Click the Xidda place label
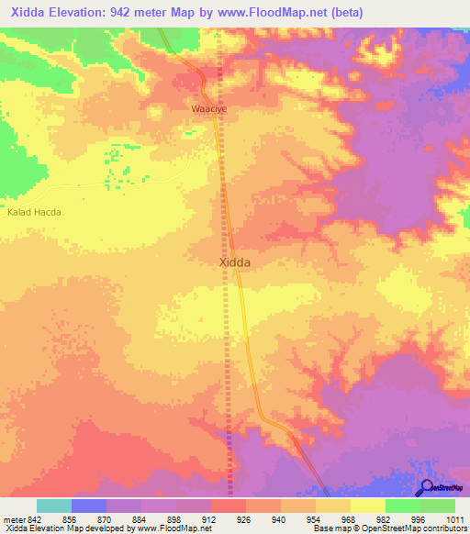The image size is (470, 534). [x=235, y=261]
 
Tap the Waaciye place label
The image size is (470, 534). [x=207, y=108]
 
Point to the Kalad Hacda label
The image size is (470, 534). [x=34, y=212]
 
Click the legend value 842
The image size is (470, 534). [x=36, y=518]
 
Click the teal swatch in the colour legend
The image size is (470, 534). [x=54, y=506]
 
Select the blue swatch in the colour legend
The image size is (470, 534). [x=89, y=506]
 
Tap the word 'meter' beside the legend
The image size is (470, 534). [x=13, y=518]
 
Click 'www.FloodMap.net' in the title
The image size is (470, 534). [x=277, y=13]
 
